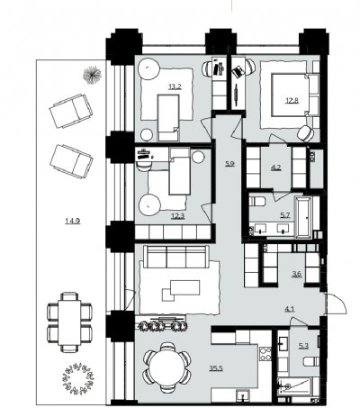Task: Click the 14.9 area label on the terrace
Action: [73, 222]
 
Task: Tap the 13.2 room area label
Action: [175, 87]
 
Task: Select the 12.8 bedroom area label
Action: [292, 100]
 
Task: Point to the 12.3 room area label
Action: [177, 215]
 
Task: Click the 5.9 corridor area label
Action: [229, 164]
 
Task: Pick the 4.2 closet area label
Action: [275, 168]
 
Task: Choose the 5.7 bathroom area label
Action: [285, 215]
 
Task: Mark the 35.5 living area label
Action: [216, 368]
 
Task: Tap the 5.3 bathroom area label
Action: [303, 346]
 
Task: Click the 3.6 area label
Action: [297, 274]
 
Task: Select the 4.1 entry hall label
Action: [289, 308]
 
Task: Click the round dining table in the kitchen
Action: [167, 367]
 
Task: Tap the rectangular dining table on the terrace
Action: [69, 322]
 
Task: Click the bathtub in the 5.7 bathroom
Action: [303, 217]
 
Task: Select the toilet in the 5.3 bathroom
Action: [311, 361]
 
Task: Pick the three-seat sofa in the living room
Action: [176, 257]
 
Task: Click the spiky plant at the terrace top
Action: [92, 75]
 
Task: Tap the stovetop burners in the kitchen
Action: [265, 354]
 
